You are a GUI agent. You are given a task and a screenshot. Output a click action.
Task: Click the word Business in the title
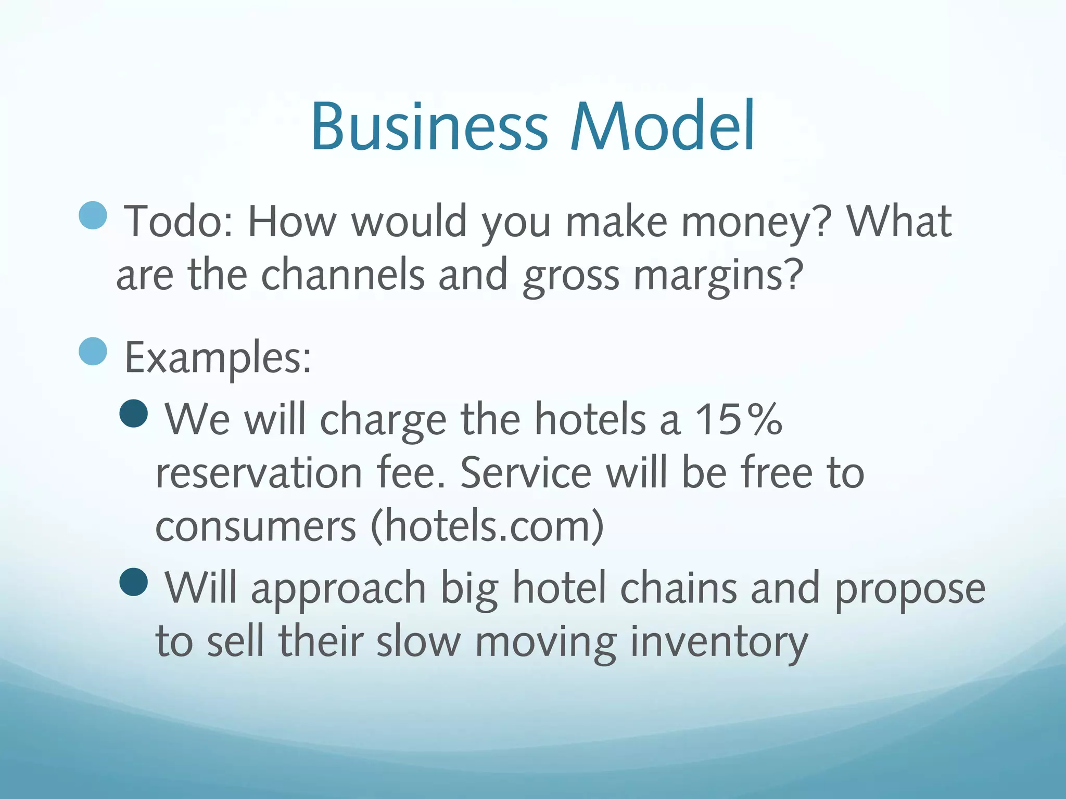click(x=429, y=126)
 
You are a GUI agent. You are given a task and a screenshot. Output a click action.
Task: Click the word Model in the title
click(x=662, y=126)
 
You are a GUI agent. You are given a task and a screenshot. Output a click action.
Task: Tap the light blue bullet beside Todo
click(x=93, y=215)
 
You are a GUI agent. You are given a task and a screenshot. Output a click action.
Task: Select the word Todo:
click(x=178, y=222)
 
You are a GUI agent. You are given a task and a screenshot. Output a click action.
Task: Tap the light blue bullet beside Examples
click(x=93, y=351)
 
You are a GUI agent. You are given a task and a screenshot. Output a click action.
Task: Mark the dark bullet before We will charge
click(x=134, y=413)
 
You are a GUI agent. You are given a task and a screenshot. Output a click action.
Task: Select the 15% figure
click(x=739, y=419)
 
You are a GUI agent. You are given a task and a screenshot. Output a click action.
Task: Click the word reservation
click(x=259, y=473)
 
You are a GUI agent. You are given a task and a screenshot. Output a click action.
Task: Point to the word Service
click(x=526, y=473)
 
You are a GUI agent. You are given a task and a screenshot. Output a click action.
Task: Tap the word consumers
click(x=256, y=526)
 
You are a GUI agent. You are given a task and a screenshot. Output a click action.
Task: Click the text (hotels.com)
click(x=487, y=526)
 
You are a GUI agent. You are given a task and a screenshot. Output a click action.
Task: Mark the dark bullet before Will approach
click(x=134, y=582)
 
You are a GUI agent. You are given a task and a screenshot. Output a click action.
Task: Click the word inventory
click(x=719, y=643)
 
